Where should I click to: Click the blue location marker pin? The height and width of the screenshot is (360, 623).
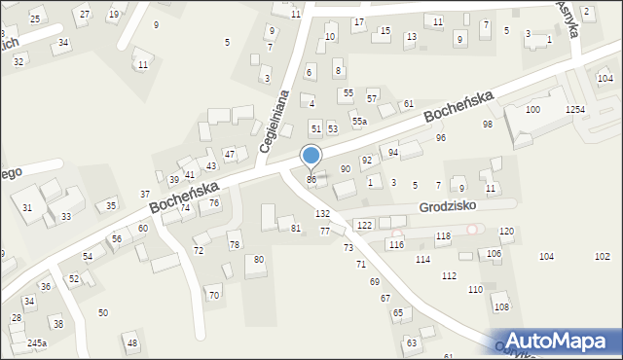pyautogui.click(x=311, y=156)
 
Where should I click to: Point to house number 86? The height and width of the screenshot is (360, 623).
pyautogui.click(x=311, y=180)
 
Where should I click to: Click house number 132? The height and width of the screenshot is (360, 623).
pyautogui.click(x=322, y=213)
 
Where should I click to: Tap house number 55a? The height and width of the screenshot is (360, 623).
pyautogui.click(x=360, y=121)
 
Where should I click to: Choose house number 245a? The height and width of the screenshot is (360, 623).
pyautogui.click(x=37, y=343)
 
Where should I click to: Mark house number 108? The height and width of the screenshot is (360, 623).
pyautogui.click(x=501, y=307)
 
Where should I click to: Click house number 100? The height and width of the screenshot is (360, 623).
pyautogui.click(x=532, y=110)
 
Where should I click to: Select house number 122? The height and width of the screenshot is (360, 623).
pyautogui.click(x=364, y=226)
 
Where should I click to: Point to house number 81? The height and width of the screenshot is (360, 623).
pyautogui.click(x=296, y=228)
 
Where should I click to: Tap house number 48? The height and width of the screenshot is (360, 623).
pyautogui.click(x=132, y=343)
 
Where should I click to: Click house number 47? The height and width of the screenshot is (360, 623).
pyautogui.click(x=230, y=154)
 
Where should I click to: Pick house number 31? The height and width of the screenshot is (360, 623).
pyautogui.click(x=27, y=208)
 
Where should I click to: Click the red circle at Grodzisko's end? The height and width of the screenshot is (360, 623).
pyautogui.click(x=473, y=229)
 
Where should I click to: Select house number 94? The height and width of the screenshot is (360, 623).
pyautogui.click(x=393, y=153)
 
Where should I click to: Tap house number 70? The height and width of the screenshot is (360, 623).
pyautogui.click(x=214, y=295)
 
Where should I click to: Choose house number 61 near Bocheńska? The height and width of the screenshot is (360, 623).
pyautogui.click(x=409, y=104)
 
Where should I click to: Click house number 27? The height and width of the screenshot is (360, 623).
pyautogui.click(x=85, y=15)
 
